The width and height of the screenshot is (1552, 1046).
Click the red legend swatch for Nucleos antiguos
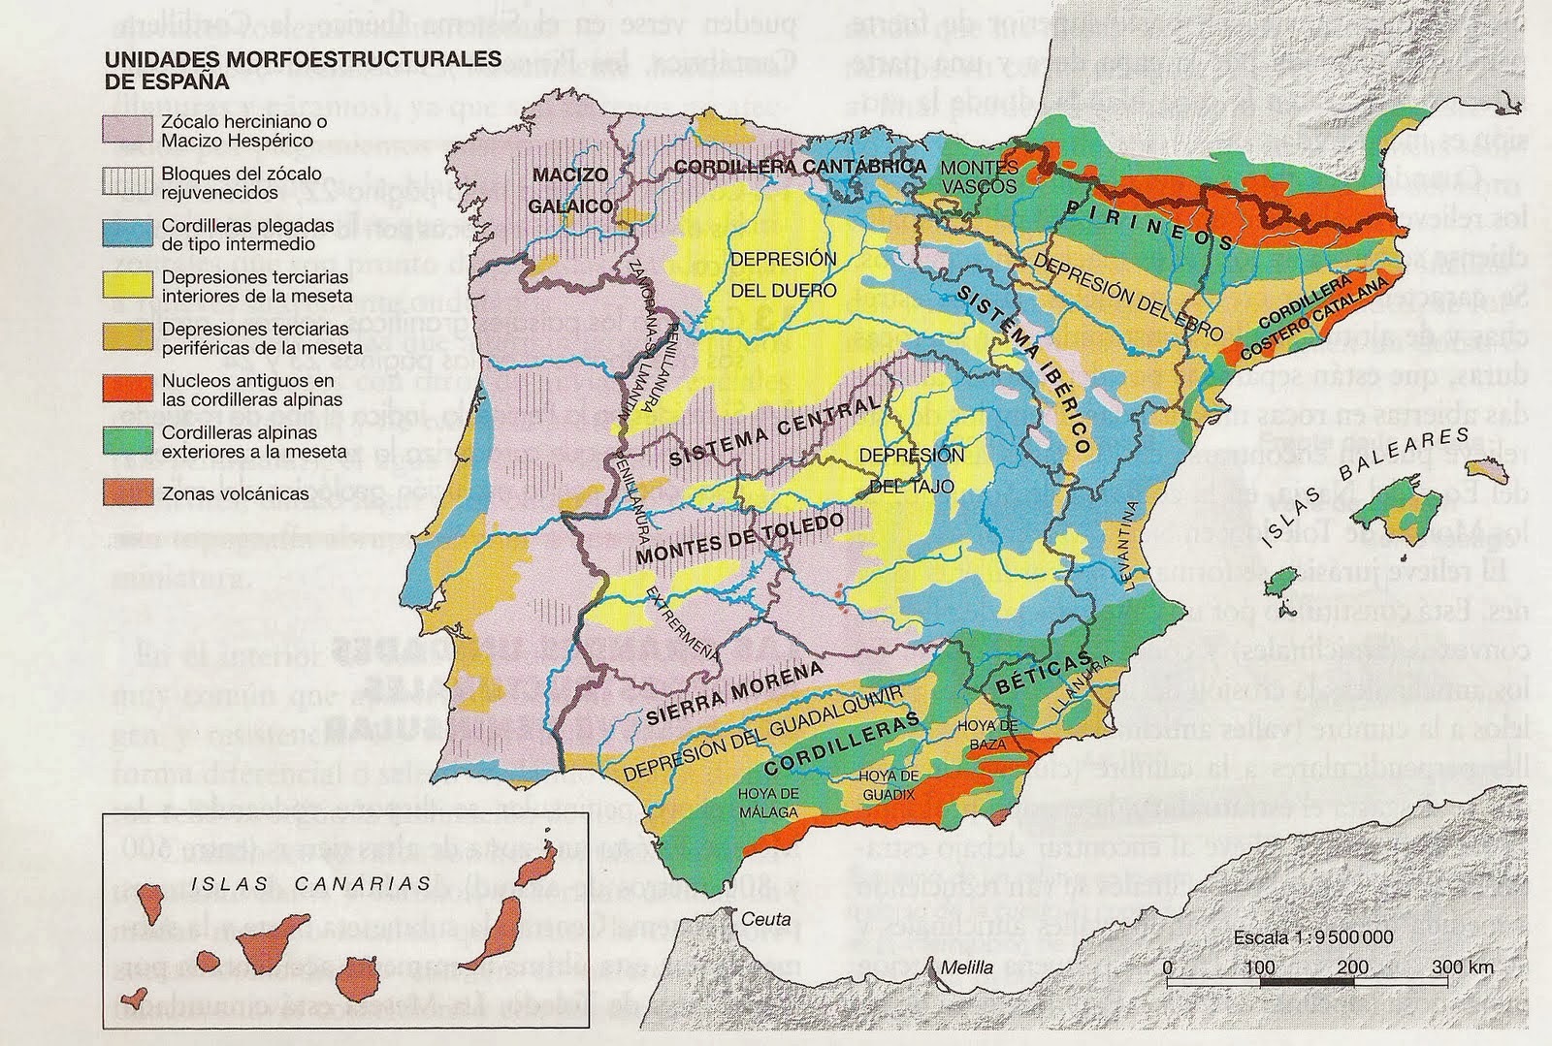128,390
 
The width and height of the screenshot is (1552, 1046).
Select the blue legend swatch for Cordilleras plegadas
128,234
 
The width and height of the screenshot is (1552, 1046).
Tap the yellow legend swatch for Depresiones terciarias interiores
128,285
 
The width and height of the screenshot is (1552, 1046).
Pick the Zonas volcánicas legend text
235,493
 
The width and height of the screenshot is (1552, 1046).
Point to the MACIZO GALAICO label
570,190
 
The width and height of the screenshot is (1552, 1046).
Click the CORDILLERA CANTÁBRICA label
800,167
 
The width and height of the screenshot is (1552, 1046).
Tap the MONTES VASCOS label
980,176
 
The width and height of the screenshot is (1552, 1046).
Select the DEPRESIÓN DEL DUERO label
783,275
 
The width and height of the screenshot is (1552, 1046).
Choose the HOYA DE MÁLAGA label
768,802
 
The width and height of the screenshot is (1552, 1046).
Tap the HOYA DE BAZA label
986,734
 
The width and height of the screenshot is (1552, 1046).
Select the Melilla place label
966,967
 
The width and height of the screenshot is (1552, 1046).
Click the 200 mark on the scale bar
1352,967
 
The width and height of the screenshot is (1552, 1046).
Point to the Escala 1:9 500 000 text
1313,937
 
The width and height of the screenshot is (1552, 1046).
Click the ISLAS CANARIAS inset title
310,883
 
